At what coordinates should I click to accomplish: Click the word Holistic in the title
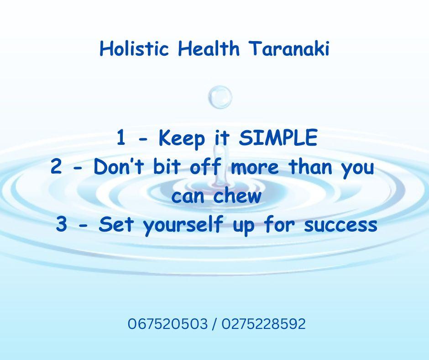[x=134, y=48]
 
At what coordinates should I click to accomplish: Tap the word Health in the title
[x=209, y=48]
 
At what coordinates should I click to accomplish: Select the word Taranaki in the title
[x=289, y=48]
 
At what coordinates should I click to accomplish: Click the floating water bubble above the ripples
[x=220, y=97]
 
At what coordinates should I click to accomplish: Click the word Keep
[x=182, y=138]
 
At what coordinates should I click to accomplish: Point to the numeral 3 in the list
[x=61, y=224]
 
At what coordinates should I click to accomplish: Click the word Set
[x=116, y=224]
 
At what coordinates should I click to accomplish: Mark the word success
[x=340, y=226]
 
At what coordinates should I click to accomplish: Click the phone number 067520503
[x=167, y=323]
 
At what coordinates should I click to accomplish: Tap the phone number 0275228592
[x=263, y=323]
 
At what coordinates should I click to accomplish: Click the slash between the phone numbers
[x=214, y=324]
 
